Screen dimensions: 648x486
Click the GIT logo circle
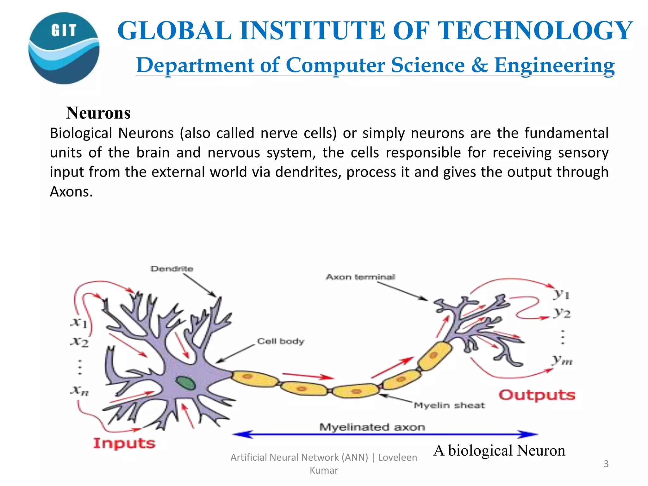(x=64, y=48)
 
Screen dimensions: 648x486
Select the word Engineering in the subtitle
(x=554, y=65)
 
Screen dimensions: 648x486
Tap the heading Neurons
(x=98, y=113)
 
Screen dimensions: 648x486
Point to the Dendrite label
(x=172, y=269)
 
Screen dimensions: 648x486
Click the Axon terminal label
(x=360, y=277)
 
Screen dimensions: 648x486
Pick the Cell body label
(x=281, y=341)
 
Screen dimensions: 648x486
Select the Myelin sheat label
(x=449, y=405)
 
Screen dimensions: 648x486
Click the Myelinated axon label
(x=372, y=427)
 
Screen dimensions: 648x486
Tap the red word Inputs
(x=124, y=443)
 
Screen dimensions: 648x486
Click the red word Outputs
(x=537, y=395)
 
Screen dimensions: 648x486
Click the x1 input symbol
(x=79, y=323)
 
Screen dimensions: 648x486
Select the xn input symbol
(x=79, y=390)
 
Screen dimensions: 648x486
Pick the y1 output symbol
(x=562, y=294)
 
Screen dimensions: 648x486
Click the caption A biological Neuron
(x=499, y=450)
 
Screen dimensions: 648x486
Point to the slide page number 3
(x=606, y=464)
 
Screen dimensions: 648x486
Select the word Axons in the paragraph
(x=71, y=192)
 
